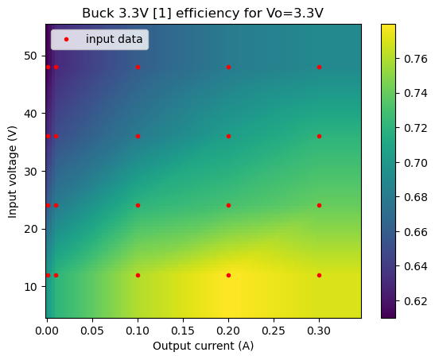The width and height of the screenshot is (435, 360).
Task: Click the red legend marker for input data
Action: pos(66,40)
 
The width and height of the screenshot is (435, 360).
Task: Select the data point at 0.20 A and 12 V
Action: pos(228,275)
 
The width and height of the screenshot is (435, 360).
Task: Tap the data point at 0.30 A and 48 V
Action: pos(320,67)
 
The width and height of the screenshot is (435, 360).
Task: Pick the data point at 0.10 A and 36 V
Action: pos(138,137)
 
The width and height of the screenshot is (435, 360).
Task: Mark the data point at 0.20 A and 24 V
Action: pos(228,205)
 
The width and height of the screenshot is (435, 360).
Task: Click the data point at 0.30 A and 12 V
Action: pos(320,275)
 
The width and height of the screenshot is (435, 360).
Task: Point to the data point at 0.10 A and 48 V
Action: pos(138,67)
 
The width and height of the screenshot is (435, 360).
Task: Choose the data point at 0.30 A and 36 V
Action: pos(320,137)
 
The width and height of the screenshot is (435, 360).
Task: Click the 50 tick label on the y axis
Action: pos(30,56)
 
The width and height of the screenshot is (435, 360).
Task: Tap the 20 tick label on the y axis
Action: pos(30,229)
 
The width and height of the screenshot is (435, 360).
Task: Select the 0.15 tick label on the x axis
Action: pos(183,331)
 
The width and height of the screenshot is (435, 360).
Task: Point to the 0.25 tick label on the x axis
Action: pos(274,331)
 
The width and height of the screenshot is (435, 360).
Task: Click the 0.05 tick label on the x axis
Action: pos(92,331)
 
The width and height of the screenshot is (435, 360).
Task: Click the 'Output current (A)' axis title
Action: pos(204,346)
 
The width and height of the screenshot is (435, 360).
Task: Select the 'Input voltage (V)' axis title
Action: pos(13,172)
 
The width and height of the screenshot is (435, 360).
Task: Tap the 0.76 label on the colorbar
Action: pos(416,59)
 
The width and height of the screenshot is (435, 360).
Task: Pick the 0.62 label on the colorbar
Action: pos(416,301)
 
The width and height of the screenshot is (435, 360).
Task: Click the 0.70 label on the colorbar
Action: pos(416,163)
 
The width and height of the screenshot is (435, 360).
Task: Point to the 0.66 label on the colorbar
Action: pos(416,232)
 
